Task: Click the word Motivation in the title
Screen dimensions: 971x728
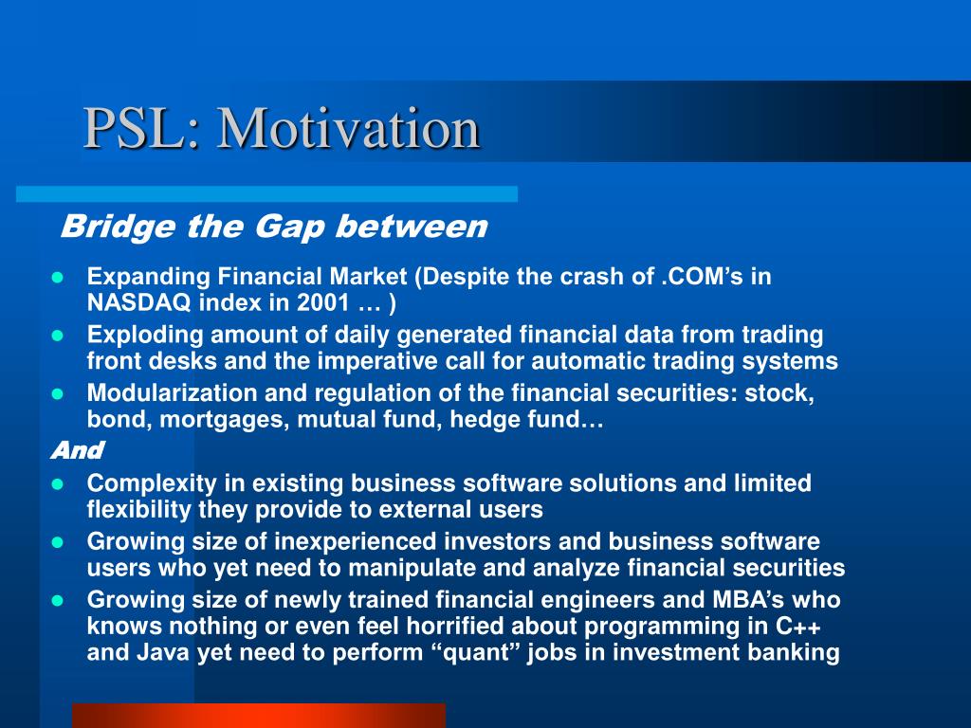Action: click(348, 128)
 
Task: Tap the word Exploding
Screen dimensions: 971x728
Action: click(145, 335)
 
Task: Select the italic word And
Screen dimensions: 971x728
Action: click(78, 450)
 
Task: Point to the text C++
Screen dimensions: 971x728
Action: click(798, 627)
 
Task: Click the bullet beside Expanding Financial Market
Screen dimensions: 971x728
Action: click(58, 278)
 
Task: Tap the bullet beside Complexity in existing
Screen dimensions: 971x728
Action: click(58, 484)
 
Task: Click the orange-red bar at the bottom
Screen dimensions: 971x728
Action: click(259, 716)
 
